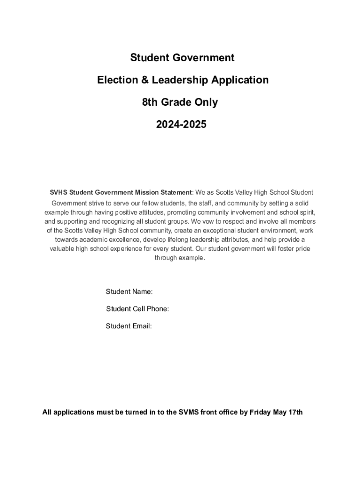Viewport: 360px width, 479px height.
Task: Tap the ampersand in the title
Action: [x=146, y=80]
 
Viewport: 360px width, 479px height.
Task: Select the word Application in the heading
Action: [x=240, y=80]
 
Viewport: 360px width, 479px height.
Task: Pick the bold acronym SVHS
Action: [x=58, y=193]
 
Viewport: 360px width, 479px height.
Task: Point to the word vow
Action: [x=209, y=221]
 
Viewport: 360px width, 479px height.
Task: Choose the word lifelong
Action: [x=159, y=239]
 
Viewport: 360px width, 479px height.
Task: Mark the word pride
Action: [x=302, y=249]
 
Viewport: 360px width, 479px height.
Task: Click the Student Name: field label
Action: [x=129, y=292]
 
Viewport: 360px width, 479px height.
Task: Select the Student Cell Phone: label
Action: [x=137, y=309]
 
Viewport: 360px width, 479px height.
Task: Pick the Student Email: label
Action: [x=129, y=326]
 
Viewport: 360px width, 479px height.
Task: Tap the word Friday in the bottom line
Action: [x=261, y=413]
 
